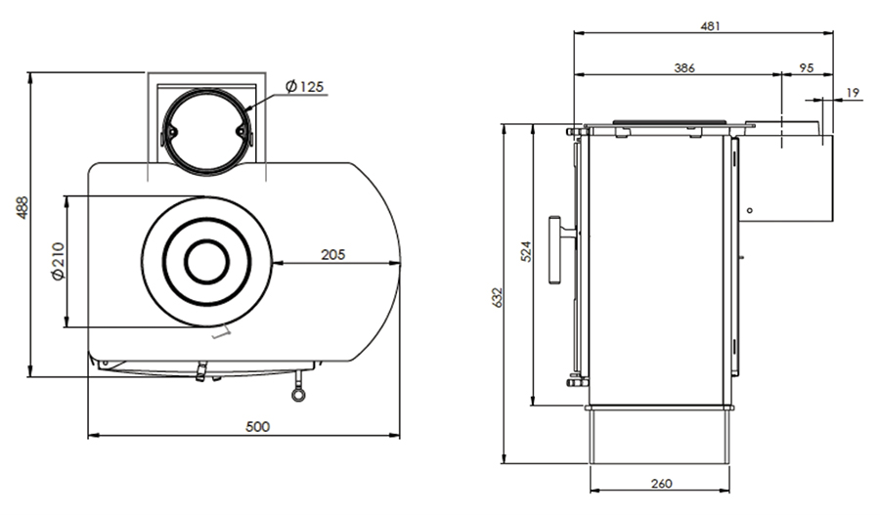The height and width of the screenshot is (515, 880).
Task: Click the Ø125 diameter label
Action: pyautogui.click(x=304, y=87)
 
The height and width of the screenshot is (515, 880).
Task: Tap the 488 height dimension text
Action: pyautogui.click(x=22, y=208)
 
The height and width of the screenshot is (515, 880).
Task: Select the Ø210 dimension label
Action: pyautogui.click(x=57, y=262)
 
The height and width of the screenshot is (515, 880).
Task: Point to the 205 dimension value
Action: pyautogui.click(x=333, y=253)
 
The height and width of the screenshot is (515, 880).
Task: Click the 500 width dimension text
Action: pyautogui.click(x=257, y=426)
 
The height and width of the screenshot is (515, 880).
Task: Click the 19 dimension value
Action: pyautogui.click(x=852, y=93)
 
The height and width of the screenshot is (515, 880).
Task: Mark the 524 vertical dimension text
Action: pyautogui.click(x=526, y=252)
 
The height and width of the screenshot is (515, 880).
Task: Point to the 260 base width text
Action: pyautogui.click(x=660, y=484)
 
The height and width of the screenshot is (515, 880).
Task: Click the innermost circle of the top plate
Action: pyautogui.click(x=205, y=261)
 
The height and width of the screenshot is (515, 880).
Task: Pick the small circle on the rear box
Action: pyautogui.click(x=748, y=209)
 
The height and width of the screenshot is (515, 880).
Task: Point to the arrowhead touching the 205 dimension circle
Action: pyautogui.click(x=278, y=262)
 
